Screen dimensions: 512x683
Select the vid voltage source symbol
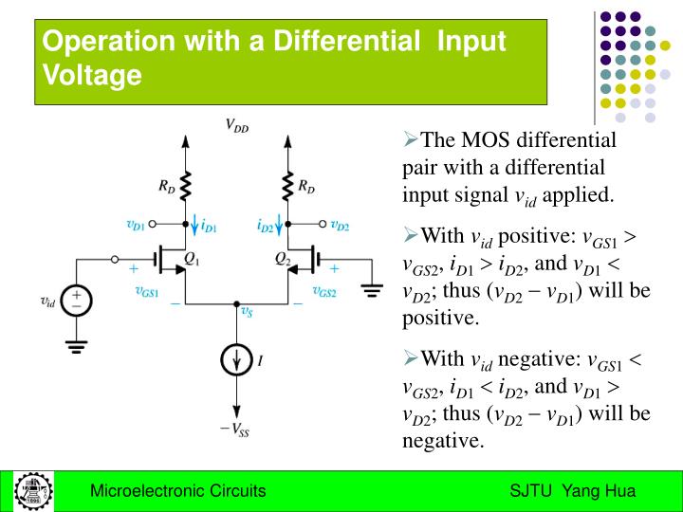tap(80, 302)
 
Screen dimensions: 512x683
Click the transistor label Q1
tap(191, 258)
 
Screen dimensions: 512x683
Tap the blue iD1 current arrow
tap(195, 227)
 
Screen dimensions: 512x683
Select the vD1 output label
tap(137, 226)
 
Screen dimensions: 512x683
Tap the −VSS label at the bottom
tap(235, 429)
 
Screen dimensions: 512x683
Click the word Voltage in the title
tap(93, 74)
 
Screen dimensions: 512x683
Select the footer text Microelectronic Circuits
tap(177, 491)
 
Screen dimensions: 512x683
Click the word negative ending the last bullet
tap(443, 440)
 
